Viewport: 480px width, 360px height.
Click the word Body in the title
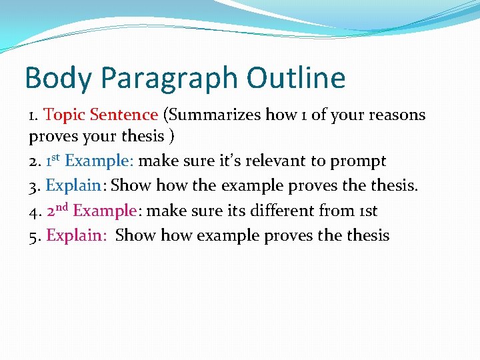57,78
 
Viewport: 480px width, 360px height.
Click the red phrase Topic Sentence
101,115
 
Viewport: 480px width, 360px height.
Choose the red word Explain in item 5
70,235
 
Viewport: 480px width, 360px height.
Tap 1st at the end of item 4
367,211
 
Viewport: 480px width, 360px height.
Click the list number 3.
33,186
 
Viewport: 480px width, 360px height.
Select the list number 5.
33,235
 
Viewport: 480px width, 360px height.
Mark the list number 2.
33,161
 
